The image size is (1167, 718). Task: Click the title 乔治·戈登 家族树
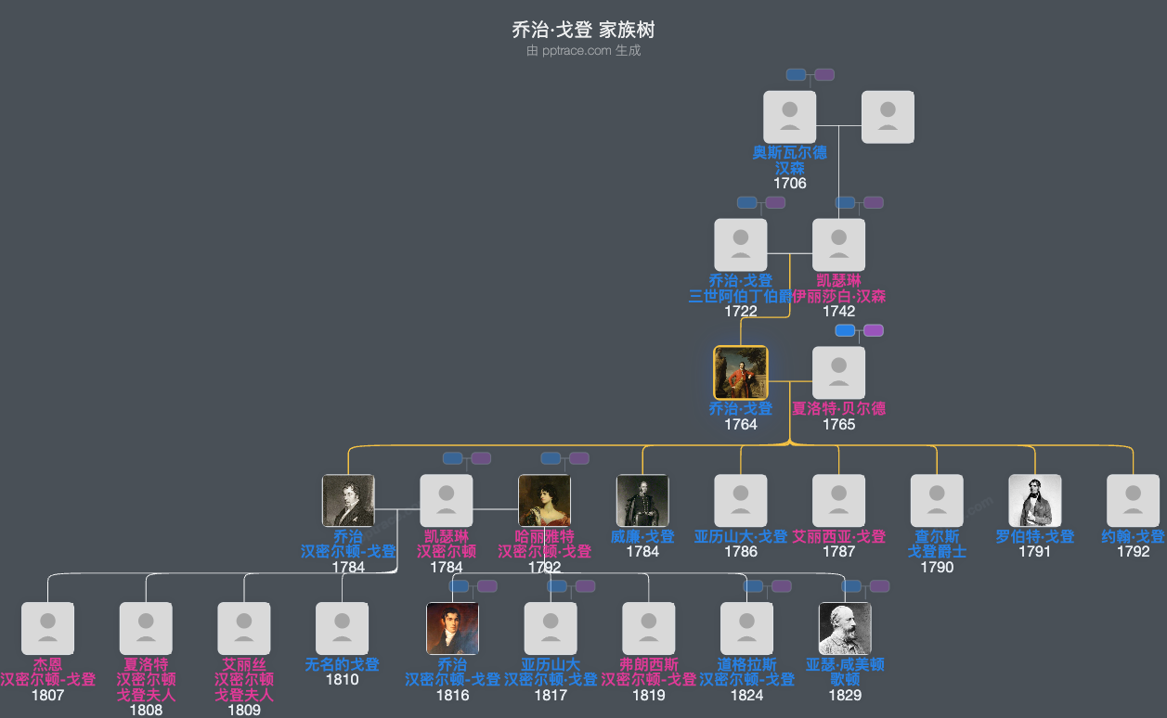tap(583, 30)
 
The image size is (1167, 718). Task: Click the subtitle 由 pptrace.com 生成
tap(583, 51)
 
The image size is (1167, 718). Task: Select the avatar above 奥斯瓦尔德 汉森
tap(789, 117)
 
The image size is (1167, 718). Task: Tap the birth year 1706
tap(789, 183)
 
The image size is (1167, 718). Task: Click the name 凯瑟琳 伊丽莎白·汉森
tap(838, 288)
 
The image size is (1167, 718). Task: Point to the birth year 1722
tap(740, 311)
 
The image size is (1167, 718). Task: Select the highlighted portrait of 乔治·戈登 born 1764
tap(740, 373)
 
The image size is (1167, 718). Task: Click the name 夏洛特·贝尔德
tap(838, 408)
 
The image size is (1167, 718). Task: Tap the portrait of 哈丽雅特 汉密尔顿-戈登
tap(544, 501)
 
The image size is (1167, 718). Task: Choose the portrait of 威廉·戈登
tap(642, 501)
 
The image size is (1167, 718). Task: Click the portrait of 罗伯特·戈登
tap(1034, 501)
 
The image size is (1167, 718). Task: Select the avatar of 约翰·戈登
tap(1133, 501)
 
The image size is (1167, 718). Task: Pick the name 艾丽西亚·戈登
tap(838, 536)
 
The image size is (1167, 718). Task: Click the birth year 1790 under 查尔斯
tap(937, 567)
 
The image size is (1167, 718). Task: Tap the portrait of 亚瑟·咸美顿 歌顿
tap(845, 629)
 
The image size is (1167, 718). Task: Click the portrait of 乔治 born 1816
tap(452, 629)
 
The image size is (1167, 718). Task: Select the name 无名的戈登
tap(342, 664)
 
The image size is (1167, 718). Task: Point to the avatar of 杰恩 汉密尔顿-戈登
tap(47, 629)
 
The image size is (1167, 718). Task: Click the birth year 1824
tap(746, 695)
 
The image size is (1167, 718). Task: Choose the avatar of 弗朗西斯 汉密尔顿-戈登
tap(648, 629)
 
